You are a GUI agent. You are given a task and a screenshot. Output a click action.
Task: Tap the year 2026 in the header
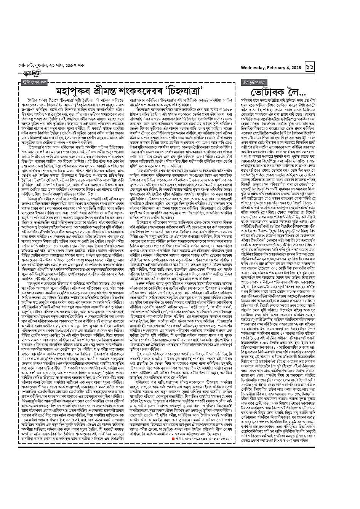295,67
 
